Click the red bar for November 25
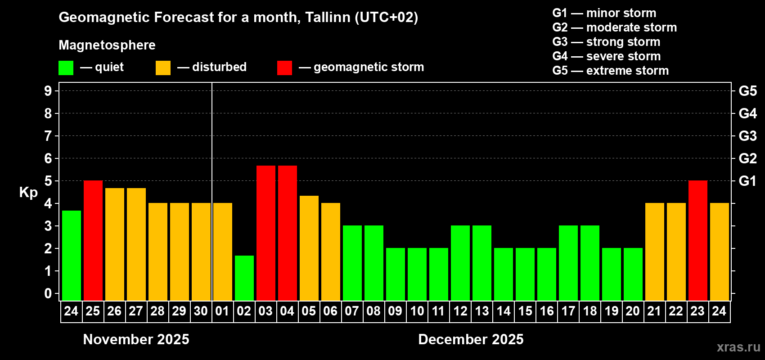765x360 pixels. pos(93,240)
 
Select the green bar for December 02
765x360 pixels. pos(244,278)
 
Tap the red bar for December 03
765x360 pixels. pos(266,233)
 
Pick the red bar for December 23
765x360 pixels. pos(698,240)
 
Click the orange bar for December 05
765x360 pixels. pos(309,248)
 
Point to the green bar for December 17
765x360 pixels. pos(568,263)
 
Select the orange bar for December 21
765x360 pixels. pos(655,252)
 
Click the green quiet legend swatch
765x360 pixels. pos(66,68)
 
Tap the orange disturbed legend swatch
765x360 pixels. pos(163,68)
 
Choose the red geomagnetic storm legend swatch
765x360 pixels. pos(284,68)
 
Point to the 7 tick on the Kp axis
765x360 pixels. pos(48,136)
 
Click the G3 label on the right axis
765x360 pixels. pos(747,136)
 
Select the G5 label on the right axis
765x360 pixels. pos(747,91)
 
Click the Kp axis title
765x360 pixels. pos(28,192)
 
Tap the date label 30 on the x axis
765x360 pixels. pos(201,311)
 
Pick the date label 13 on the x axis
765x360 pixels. pos(482,311)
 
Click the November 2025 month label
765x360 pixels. pos(136,339)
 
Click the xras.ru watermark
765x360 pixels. pos(738,347)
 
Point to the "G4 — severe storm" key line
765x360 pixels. pos(607,56)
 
